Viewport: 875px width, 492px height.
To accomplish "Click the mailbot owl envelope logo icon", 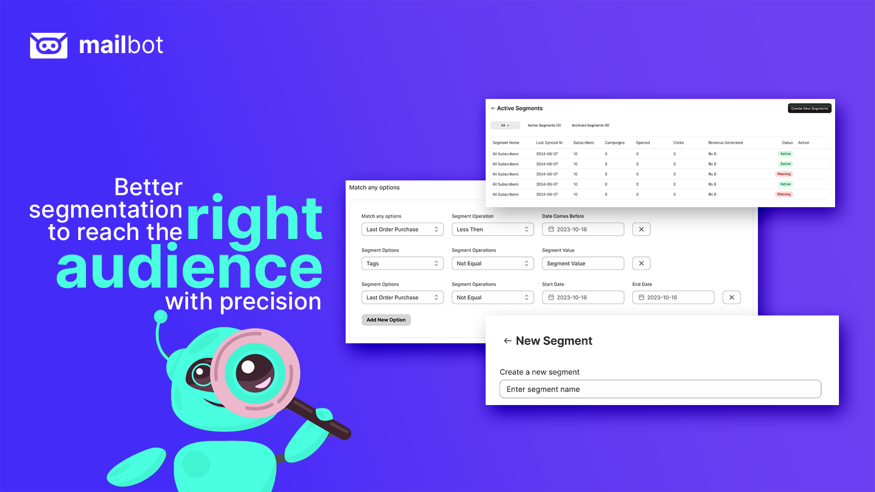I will pos(49,45).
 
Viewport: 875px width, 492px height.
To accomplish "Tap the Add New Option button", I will pos(386,320).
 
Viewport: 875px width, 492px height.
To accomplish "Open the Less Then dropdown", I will pos(492,230).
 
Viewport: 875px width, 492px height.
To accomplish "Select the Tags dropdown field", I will pos(402,263).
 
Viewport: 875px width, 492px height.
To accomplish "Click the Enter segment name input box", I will pos(660,389).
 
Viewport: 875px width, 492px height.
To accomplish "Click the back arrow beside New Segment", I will pos(507,341).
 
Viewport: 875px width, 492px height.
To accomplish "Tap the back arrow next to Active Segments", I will pos(493,108).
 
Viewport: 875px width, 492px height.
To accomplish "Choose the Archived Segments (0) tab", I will pos(590,125).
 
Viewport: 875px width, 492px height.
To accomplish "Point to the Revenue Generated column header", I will pos(725,143).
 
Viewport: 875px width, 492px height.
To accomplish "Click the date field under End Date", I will pos(673,297).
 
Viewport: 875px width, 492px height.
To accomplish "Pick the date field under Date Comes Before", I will pos(582,230).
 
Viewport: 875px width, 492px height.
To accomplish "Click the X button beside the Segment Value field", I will pos(641,263).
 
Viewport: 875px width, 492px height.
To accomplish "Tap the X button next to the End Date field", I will pos(731,297).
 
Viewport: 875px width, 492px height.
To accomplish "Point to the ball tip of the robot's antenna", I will pos(161,316).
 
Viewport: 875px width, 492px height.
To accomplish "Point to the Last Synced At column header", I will pos(549,143).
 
